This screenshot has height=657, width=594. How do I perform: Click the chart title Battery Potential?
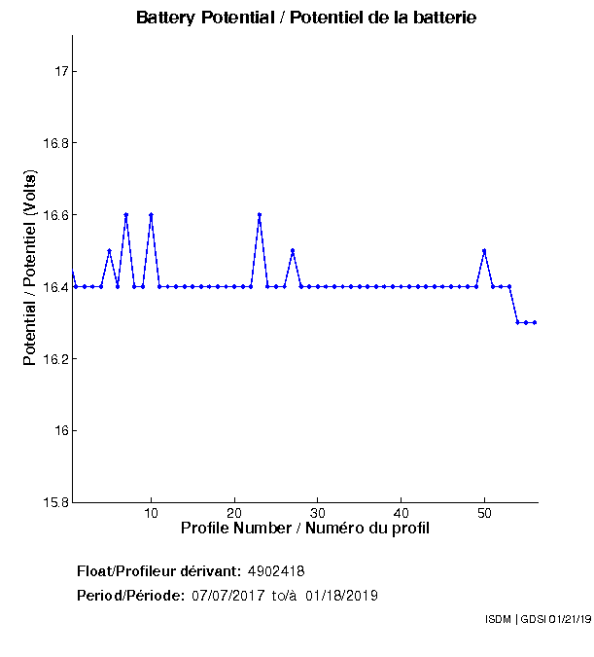coord(306,18)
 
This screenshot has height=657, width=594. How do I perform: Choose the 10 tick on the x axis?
coord(151,514)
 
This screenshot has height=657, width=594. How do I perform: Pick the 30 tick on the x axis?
coord(318,514)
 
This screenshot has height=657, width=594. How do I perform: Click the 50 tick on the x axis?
coord(484,514)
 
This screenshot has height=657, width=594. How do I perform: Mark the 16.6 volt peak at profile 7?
coord(125,215)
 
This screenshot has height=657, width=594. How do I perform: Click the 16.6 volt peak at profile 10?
coord(151,215)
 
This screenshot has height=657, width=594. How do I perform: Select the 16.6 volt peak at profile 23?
coord(260,215)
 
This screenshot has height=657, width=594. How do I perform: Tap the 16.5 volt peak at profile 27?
coord(293,251)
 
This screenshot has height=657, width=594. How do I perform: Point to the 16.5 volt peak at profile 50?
coord(484,251)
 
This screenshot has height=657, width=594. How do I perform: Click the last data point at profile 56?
coord(535,322)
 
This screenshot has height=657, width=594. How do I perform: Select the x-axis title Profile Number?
coord(305,529)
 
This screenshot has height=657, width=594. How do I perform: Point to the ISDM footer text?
coord(537,619)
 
